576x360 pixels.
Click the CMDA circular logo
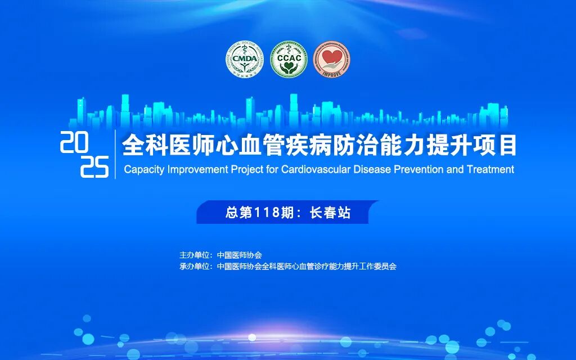[x=245, y=60]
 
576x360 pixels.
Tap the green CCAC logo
[x=289, y=60]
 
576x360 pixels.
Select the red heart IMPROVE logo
[x=331, y=60]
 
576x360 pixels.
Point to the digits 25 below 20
[x=94, y=167]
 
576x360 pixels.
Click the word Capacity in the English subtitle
[x=141, y=169]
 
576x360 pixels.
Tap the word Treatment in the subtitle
[x=490, y=169]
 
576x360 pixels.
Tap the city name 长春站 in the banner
[x=330, y=213]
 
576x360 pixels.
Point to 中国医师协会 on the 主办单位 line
[x=239, y=255]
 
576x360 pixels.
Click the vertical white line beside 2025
[x=115, y=154]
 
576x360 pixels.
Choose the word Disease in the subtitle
[x=369, y=169]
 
